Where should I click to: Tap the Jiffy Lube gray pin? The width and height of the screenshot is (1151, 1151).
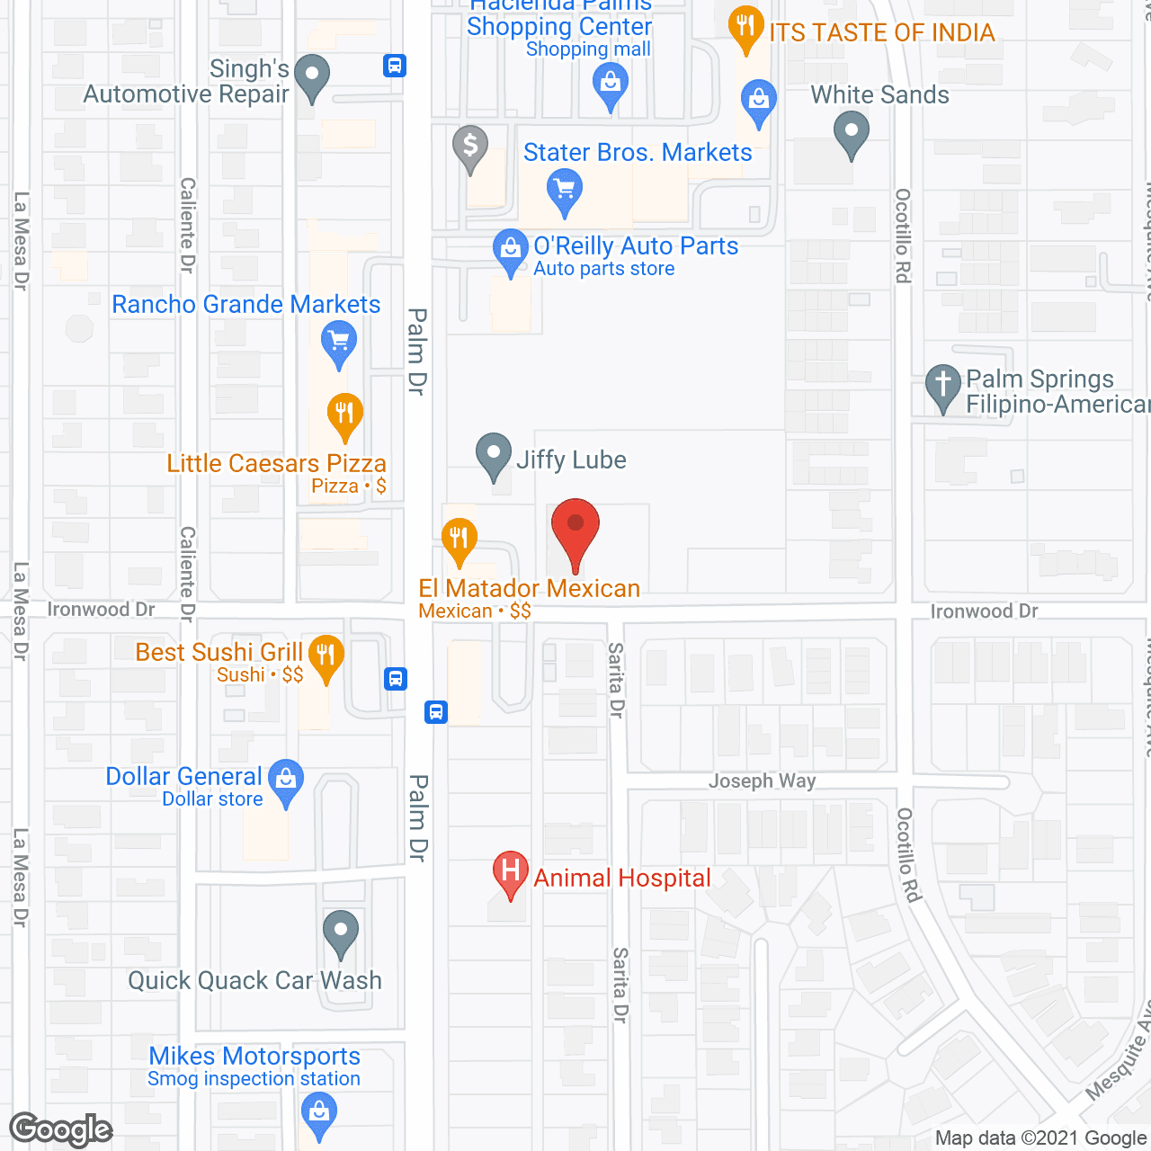493,455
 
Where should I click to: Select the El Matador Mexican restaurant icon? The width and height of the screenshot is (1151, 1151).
459,540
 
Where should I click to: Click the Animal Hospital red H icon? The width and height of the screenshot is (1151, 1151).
510,873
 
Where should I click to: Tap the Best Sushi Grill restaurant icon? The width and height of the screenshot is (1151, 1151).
326,656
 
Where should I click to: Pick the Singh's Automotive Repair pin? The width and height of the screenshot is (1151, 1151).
312,76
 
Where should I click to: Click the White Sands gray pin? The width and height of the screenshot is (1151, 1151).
851,133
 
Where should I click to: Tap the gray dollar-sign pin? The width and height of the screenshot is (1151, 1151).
469,147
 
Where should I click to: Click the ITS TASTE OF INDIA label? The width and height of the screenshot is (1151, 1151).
881,33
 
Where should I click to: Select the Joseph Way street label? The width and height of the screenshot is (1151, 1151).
762,781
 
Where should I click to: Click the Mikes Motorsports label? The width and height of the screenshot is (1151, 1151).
254,1056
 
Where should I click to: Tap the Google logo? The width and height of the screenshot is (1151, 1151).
61,1129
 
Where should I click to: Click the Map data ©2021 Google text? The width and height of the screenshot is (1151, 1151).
1040,1138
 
